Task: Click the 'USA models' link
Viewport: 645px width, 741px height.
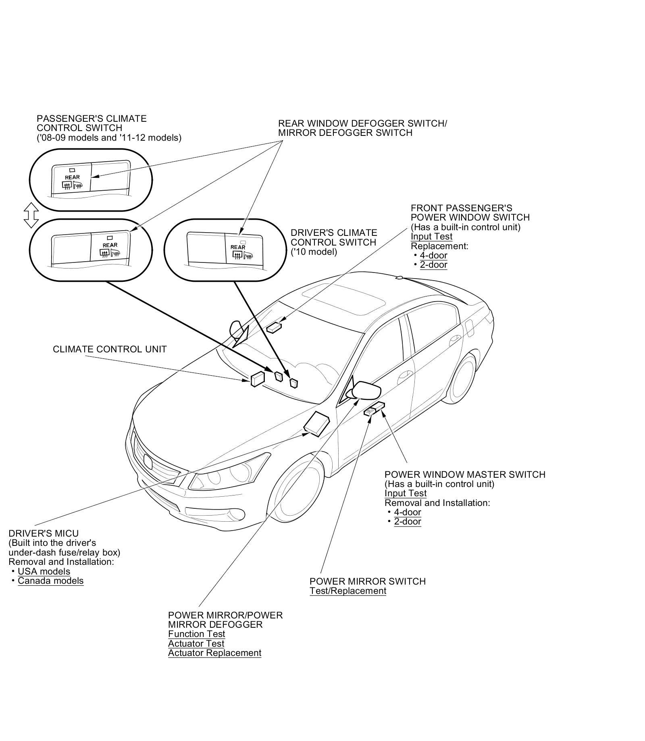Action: [x=44, y=571]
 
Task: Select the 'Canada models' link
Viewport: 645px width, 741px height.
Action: [x=50, y=581]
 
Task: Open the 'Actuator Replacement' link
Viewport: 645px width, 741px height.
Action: [x=214, y=653]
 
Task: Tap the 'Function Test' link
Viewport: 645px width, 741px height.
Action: [x=196, y=634]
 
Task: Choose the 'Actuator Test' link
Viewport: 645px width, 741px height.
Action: [x=196, y=643]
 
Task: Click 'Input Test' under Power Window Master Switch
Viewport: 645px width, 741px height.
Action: [x=405, y=493]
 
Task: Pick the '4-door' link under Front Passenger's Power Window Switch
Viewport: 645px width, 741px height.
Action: [x=433, y=255]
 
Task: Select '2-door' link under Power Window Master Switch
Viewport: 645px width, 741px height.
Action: [x=407, y=521]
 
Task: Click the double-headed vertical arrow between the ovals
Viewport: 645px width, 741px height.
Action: [x=31, y=215]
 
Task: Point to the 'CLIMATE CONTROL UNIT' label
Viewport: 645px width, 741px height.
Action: [x=110, y=349]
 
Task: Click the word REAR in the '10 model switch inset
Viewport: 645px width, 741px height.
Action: [x=237, y=247]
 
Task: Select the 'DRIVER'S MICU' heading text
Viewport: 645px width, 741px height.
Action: [x=44, y=533]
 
